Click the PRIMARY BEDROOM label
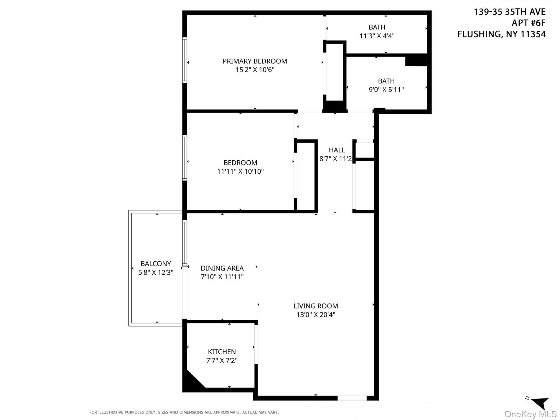click(x=255, y=61)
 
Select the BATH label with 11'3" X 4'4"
click(x=377, y=27)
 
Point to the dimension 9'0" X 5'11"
click(x=386, y=90)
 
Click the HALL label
click(x=337, y=150)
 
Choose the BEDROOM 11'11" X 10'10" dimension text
click(x=240, y=171)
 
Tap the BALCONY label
click(x=156, y=263)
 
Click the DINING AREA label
click(x=222, y=268)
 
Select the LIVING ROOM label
click(x=315, y=306)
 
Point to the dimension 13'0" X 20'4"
click(x=315, y=315)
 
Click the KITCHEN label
click(x=222, y=352)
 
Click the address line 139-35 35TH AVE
click(x=509, y=12)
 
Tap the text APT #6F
click(x=528, y=23)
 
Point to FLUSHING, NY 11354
click(x=501, y=34)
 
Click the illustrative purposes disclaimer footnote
click(x=184, y=412)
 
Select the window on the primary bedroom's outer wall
click(x=185, y=60)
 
